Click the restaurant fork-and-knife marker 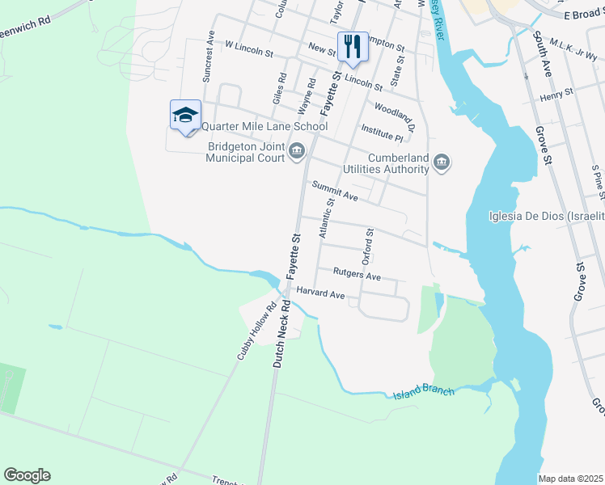(x=352, y=46)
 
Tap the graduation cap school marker (x=185, y=115)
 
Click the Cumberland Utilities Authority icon (x=442, y=163)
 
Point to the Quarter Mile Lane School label (x=264, y=126)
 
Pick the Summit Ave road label (x=335, y=191)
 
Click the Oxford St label (x=368, y=246)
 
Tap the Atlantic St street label (x=325, y=218)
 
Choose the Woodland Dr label (x=394, y=112)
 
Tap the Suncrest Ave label (x=209, y=57)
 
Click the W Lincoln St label (x=249, y=49)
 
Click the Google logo (x=27, y=474)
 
